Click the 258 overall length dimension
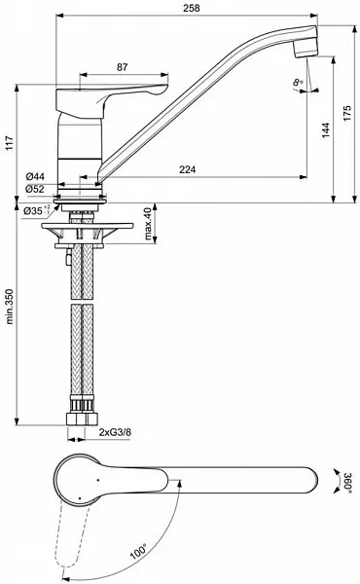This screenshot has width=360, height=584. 181,8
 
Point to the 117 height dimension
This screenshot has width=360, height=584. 9,142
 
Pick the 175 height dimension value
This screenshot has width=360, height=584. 347,112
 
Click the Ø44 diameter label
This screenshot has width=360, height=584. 34,175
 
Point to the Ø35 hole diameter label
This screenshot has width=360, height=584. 35,209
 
